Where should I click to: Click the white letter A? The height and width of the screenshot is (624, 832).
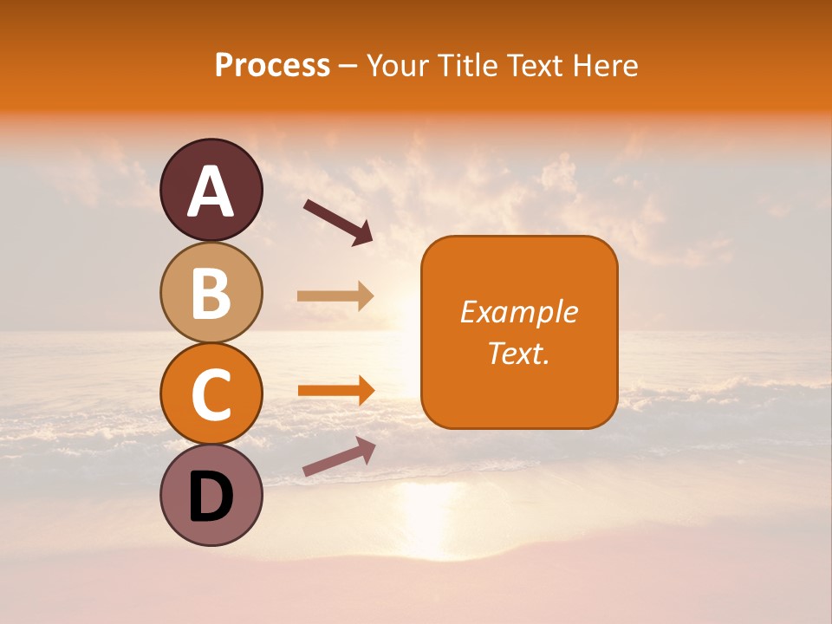coord(211,192)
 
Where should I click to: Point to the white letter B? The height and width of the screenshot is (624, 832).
coord(211,293)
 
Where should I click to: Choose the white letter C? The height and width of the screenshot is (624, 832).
coord(211,394)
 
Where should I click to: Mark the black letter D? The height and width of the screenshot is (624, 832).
coord(211,497)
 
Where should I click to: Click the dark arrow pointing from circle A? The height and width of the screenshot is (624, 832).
coord(338,222)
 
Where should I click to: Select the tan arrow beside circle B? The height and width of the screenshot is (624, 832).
coord(335,296)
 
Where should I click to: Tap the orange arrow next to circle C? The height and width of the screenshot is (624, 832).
coord(335,390)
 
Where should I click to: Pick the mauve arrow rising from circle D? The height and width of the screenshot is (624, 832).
coord(339,457)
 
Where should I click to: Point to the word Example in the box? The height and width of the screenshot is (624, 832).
coord(519,312)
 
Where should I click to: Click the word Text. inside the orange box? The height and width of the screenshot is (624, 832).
coord(519,353)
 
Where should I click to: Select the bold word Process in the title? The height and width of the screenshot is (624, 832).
coord(272,65)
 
